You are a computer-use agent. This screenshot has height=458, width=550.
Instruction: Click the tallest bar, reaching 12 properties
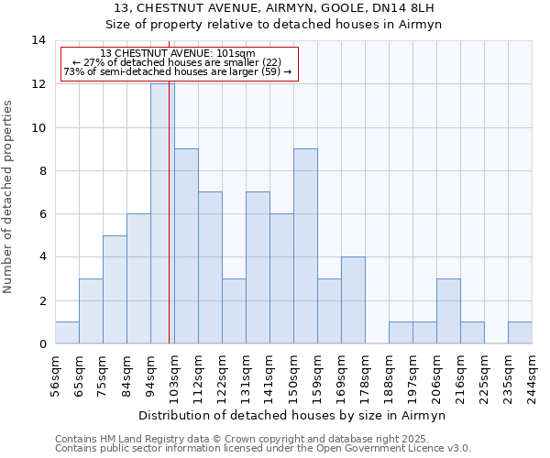161,213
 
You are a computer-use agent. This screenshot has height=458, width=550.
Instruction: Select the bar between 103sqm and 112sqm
186,245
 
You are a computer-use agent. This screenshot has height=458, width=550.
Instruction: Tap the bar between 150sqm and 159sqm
305,245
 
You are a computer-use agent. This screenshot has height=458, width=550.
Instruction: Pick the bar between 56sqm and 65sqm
67,333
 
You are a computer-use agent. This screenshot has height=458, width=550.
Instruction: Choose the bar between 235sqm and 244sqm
520,333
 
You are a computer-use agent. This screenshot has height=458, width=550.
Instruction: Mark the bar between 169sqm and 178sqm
353,300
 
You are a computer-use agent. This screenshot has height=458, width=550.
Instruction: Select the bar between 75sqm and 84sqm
115,289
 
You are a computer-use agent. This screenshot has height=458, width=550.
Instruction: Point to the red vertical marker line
170,229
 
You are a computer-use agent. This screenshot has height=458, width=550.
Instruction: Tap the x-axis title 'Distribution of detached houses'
293,415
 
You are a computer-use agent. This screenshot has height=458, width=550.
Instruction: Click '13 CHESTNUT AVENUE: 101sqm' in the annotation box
178,54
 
